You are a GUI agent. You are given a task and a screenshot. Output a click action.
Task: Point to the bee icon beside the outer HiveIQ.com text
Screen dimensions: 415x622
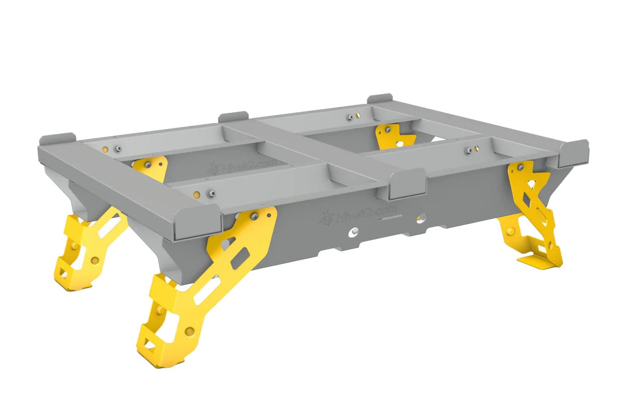pos(327,216)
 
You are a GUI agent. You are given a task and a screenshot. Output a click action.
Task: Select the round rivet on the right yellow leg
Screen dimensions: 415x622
pos(512,231)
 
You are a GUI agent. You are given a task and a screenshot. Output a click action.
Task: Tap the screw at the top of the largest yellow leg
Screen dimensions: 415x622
pos(254,216)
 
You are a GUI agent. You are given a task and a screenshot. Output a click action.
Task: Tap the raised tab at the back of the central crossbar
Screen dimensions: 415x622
pos(234,117)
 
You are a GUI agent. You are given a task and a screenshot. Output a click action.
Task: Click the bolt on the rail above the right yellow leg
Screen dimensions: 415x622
pos(469,151)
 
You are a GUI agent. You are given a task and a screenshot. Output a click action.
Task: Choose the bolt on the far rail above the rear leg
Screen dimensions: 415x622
pos(349,117)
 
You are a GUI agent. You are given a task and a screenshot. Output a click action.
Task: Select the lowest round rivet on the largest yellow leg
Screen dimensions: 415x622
pos(189,331)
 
